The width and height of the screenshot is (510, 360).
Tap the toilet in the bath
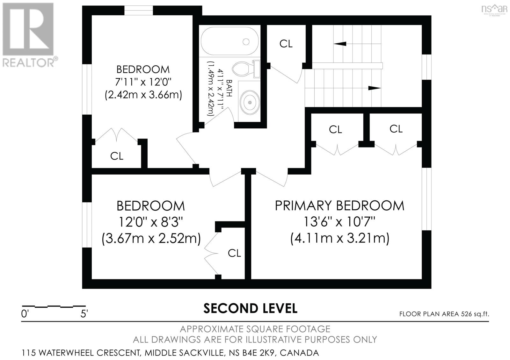pos(244,68)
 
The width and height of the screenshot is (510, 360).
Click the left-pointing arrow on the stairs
pos(340,44)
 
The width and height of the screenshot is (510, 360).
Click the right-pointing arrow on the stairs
pos(374,88)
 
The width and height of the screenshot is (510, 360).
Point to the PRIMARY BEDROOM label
pos(339,205)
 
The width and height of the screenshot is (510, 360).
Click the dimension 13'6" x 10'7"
pos(339,221)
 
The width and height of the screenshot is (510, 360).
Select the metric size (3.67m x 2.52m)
pos(151,238)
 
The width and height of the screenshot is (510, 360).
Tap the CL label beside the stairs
pos(286,44)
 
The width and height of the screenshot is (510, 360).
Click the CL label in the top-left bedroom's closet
pos(117,156)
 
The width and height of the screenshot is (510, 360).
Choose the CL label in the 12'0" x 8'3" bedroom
pos(234,253)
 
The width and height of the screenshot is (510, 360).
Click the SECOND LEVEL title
pos(250,308)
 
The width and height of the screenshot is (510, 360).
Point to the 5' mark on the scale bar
pos(84,314)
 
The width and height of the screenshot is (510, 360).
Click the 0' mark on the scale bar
pos(25,314)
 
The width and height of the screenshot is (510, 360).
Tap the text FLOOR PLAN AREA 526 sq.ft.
pos(444,314)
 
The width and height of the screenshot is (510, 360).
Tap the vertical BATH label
pos(229,88)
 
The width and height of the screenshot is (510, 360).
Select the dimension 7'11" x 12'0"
pos(143,82)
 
